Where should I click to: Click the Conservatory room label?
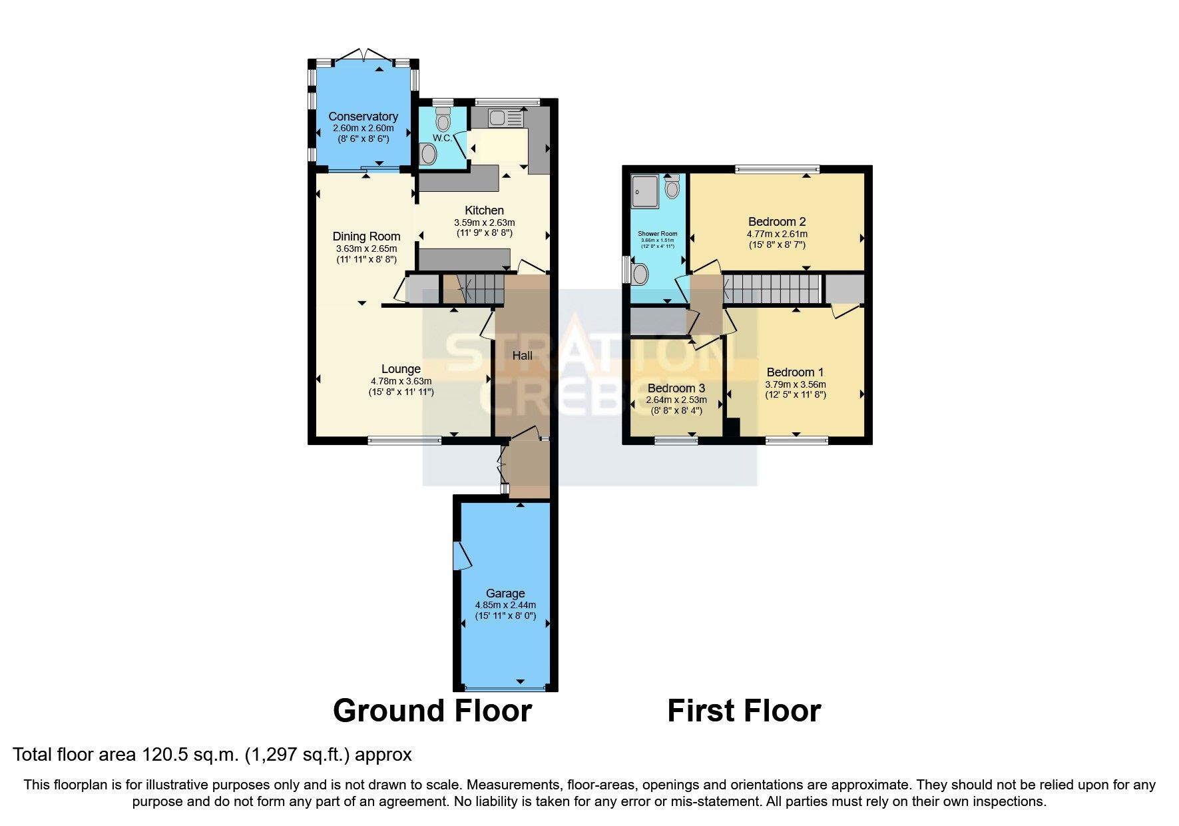pyautogui.click(x=363, y=117)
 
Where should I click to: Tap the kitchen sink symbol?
pyautogui.click(x=506, y=119)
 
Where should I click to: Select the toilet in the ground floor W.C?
pyautogui.click(x=443, y=121)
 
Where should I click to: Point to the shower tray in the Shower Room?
pyautogui.click(x=644, y=191)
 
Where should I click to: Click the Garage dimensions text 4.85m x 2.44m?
pyautogui.click(x=505, y=605)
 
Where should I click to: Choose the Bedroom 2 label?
pyautogui.click(x=777, y=222)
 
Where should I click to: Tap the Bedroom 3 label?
pyautogui.click(x=676, y=388)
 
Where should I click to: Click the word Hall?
pyautogui.click(x=522, y=356)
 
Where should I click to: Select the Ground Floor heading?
pyautogui.click(x=432, y=711)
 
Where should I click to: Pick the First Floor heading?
pyautogui.click(x=744, y=711)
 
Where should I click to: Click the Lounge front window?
pyautogui.click(x=404, y=440)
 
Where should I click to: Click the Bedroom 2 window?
pyautogui.click(x=777, y=169)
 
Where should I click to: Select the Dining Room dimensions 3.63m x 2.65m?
pyautogui.click(x=366, y=248)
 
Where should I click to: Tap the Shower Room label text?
pyautogui.click(x=657, y=234)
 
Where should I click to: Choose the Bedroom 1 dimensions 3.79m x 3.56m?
pyautogui.click(x=795, y=384)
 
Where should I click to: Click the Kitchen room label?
pyautogui.click(x=484, y=210)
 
